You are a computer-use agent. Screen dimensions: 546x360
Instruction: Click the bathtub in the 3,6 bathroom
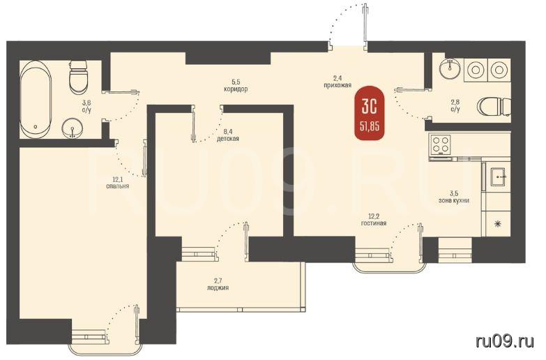click(x=36, y=99)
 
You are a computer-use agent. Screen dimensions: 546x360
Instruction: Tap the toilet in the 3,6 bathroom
click(x=78, y=76)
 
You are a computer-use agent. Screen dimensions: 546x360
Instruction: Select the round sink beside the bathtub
click(x=73, y=128)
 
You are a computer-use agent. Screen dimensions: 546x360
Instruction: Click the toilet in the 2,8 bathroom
click(x=494, y=107)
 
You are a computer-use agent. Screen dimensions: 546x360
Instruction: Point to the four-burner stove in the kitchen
click(x=441, y=144)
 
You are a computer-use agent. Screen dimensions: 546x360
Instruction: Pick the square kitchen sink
click(x=499, y=177)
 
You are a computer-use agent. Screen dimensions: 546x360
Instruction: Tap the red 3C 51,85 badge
click(x=370, y=112)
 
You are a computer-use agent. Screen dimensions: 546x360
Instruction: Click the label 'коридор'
click(x=236, y=89)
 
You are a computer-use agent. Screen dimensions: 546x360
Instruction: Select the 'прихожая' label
click(x=337, y=85)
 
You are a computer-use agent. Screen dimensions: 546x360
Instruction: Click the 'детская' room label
click(x=228, y=139)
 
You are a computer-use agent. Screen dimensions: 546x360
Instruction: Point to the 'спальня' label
click(x=118, y=186)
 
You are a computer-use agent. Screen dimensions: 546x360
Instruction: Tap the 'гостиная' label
click(x=374, y=223)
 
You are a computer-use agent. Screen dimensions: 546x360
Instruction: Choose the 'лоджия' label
click(x=218, y=288)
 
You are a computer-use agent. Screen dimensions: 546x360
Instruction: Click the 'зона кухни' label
click(x=454, y=201)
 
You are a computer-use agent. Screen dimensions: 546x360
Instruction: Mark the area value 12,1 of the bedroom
click(x=118, y=179)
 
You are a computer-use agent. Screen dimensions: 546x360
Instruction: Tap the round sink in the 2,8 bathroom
click(x=450, y=69)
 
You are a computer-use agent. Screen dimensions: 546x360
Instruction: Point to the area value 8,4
click(x=228, y=132)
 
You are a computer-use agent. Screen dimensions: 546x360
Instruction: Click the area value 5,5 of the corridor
click(x=236, y=82)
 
